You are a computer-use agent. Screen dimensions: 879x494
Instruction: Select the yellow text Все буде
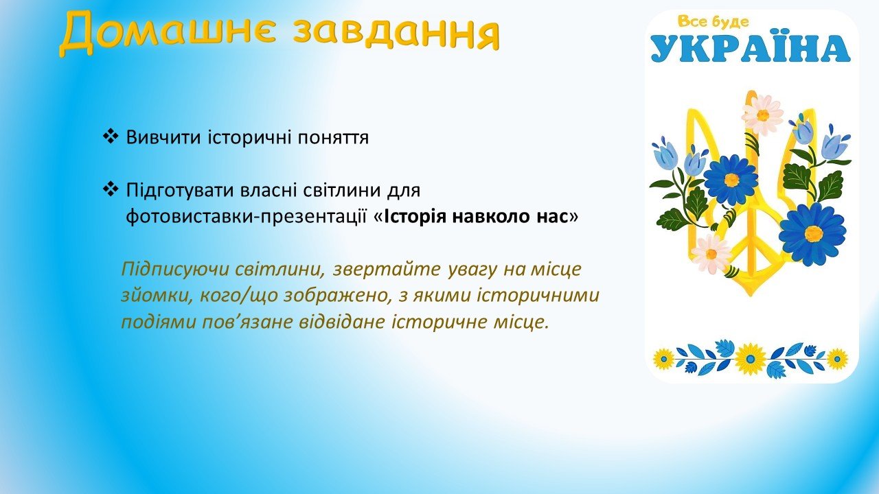(x=713, y=22)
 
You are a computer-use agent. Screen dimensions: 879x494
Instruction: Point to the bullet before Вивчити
(x=111, y=137)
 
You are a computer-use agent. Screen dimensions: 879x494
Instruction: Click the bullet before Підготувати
(x=111, y=190)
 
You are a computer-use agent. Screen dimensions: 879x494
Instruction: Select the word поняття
(x=333, y=138)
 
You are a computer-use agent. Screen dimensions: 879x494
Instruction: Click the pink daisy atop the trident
(x=762, y=115)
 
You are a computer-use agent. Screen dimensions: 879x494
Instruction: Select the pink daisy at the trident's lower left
(x=711, y=255)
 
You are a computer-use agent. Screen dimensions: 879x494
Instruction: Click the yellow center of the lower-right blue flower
(x=813, y=234)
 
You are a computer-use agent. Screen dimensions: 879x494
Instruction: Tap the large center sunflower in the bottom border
(x=750, y=359)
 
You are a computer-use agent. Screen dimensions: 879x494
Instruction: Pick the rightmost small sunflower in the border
(x=837, y=359)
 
